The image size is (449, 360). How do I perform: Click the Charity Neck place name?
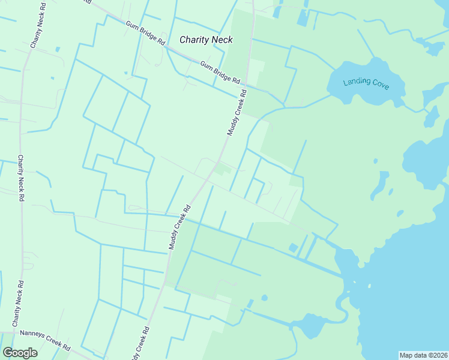(206, 40)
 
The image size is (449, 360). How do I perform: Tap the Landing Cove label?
(366, 84)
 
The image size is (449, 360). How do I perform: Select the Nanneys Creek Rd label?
(45, 340)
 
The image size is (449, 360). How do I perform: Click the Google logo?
(20, 352)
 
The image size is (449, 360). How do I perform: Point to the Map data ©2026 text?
(423, 355)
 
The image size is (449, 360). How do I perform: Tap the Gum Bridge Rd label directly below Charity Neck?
(220, 73)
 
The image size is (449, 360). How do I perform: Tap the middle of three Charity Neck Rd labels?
(20, 178)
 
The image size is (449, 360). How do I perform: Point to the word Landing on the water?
(355, 82)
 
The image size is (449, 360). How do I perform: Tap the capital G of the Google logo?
(8, 352)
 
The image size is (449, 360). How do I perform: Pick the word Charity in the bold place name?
(194, 40)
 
